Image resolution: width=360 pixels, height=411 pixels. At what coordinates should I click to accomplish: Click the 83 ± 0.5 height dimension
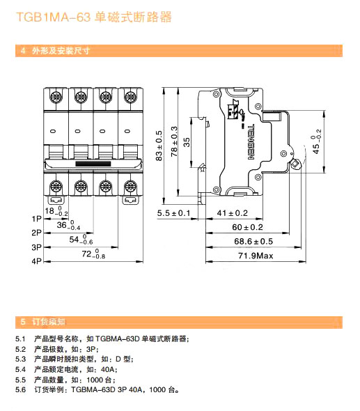[x=159, y=146]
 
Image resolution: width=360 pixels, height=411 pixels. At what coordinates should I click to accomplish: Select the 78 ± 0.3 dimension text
[x=174, y=141]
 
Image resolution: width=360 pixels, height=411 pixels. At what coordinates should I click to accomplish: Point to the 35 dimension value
[x=187, y=142]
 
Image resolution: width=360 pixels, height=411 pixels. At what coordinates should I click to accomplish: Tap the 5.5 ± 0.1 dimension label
[x=173, y=213]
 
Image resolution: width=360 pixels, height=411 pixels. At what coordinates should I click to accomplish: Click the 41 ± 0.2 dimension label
[x=232, y=213]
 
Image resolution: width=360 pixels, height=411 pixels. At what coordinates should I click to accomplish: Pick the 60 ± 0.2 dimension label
[x=247, y=227]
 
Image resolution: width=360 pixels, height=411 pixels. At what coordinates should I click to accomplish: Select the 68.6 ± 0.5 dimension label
[x=253, y=241]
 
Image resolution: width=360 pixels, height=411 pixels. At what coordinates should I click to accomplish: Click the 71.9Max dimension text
[x=256, y=256]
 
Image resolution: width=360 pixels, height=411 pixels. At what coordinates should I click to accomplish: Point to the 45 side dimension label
[x=317, y=141]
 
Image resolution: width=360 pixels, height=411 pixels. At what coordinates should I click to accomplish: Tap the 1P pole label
[x=36, y=219]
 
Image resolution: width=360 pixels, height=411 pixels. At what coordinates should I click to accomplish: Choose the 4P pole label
[x=36, y=261]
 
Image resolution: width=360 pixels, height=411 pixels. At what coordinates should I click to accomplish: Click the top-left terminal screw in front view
[x=56, y=98]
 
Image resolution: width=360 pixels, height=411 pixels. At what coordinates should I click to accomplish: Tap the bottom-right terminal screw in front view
[x=130, y=187]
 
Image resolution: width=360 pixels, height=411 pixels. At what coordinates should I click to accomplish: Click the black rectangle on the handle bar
[x=93, y=164]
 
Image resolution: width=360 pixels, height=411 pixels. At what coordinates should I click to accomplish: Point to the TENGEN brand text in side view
[x=251, y=142]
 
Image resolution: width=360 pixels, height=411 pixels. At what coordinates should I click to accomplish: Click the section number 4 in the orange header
[x=23, y=51]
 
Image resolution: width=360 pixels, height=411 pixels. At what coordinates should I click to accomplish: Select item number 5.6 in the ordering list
[x=20, y=390]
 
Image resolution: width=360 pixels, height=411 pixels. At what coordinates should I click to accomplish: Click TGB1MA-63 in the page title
[x=53, y=17]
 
